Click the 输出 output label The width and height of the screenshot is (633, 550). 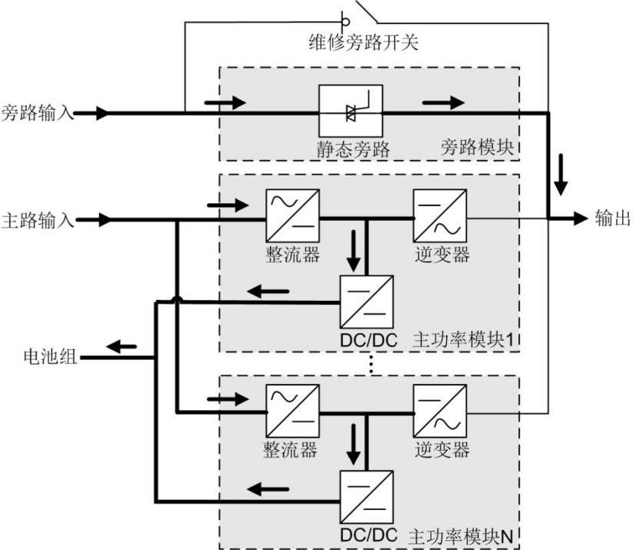pos(611,218)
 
